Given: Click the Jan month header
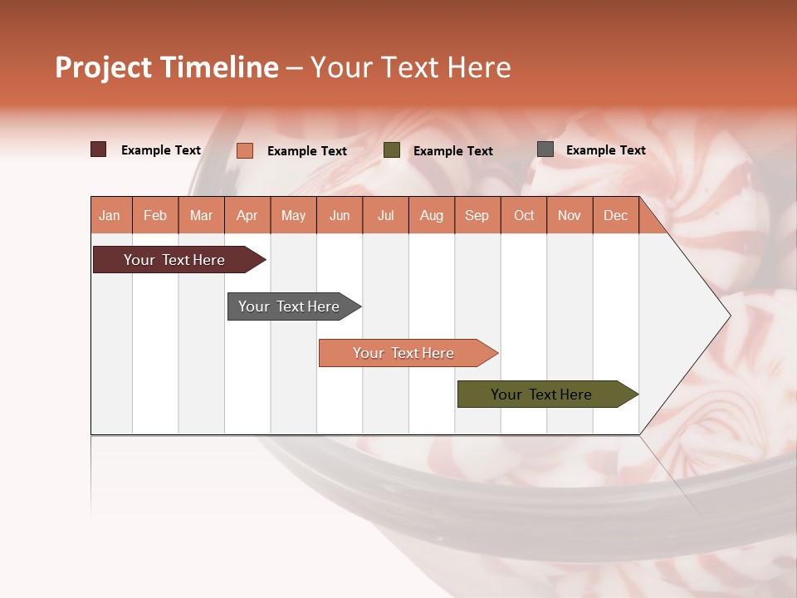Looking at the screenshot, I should [x=110, y=216].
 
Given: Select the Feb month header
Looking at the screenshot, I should [x=155, y=216].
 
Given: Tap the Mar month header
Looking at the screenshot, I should [x=201, y=216].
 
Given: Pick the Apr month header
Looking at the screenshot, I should [x=247, y=216].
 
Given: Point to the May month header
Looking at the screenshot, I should [x=293, y=216].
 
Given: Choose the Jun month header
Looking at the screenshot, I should [x=340, y=216].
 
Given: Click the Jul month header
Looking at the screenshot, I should [x=385, y=216].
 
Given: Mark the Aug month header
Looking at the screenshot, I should [x=432, y=216].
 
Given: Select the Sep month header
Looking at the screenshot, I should [x=477, y=216].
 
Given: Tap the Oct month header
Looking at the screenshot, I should [x=524, y=216].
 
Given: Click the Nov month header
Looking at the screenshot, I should [x=570, y=216].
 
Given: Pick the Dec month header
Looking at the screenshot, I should [x=616, y=216].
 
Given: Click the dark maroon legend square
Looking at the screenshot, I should [x=99, y=149].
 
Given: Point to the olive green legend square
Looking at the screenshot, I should [x=392, y=150].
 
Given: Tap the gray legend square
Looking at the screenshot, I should [x=545, y=149].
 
